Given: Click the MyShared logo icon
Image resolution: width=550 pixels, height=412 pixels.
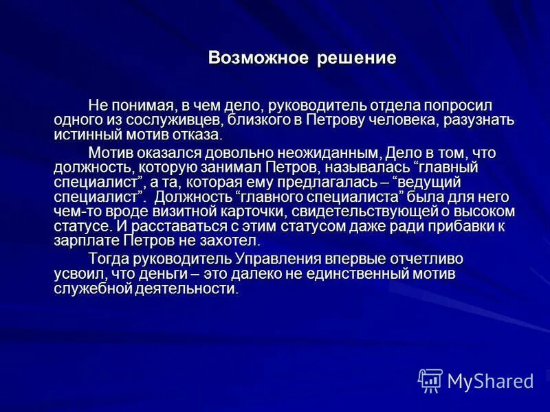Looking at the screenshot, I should pos(430,380).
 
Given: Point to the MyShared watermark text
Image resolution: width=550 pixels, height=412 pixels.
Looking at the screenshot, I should pos(491,380).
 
